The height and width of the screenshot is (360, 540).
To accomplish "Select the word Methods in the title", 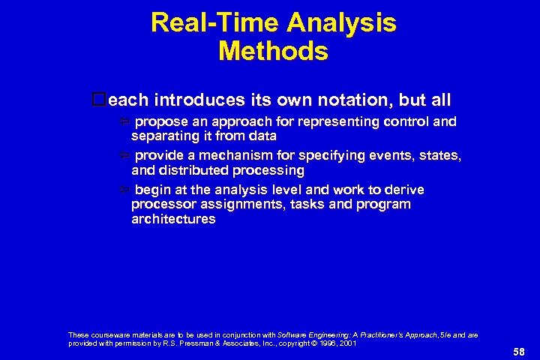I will [273, 51].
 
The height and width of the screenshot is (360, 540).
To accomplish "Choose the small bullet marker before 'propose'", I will [125, 122].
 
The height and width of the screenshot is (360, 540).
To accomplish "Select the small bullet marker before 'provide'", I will [125, 156].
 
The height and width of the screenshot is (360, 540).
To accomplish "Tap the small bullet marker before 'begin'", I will [125, 190].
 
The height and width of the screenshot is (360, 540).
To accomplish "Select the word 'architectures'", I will [173, 219].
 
